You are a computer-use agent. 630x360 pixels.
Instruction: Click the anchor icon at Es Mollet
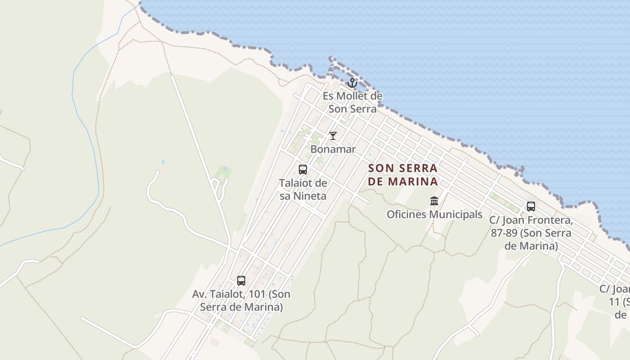pyautogui.click(x=352, y=83)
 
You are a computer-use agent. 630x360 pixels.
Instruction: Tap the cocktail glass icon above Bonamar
pyautogui.click(x=333, y=135)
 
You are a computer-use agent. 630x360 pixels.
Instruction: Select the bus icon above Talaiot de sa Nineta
pyautogui.click(x=303, y=170)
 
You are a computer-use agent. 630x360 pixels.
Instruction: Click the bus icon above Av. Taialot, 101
pyautogui.click(x=241, y=281)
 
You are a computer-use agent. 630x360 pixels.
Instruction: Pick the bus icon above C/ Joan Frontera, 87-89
pyautogui.click(x=531, y=207)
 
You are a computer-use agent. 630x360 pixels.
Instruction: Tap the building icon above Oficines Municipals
pyautogui.click(x=434, y=201)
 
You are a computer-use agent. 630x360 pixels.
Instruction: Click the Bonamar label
pyautogui.click(x=333, y=149)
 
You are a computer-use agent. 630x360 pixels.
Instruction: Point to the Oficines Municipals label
pyautogui.click(x=434, y=215)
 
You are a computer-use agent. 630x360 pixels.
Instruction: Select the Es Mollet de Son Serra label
pyautogui.click(x=352, y=102)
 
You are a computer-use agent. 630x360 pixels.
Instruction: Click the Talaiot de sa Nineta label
pyautogui.click(x=303, y=189)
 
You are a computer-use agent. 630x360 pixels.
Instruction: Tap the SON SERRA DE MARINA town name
pyautogui.click(x=403, y=175)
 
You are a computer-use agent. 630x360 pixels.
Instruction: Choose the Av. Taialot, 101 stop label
pyautogui.click(x=241, y=301)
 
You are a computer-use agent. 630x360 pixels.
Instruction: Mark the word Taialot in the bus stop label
pyautogui.click(x=229, y=294)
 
